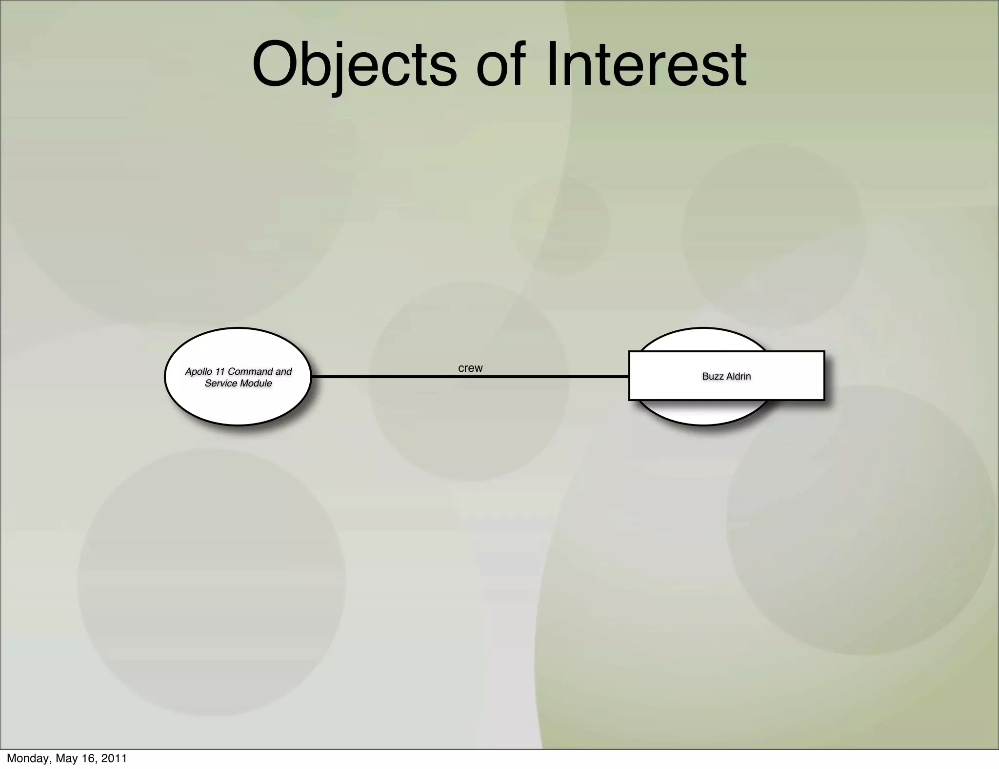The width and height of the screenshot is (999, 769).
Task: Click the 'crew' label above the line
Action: pos(470,368)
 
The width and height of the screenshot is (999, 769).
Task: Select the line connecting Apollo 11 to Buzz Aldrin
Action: pos(390,377)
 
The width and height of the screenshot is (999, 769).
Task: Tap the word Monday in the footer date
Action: pos(27,758)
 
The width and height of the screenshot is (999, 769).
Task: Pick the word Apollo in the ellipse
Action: pos(199,372)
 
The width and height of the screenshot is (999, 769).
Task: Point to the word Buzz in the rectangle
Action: pos(712,376)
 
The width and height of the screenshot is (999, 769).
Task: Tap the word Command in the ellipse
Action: pos(250,372)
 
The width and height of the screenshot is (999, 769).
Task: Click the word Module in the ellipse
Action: pos(256,384)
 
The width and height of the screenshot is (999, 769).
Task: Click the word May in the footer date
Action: pos(66,758)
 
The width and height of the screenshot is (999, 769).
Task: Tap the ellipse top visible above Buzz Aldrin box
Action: pos(703,339)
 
